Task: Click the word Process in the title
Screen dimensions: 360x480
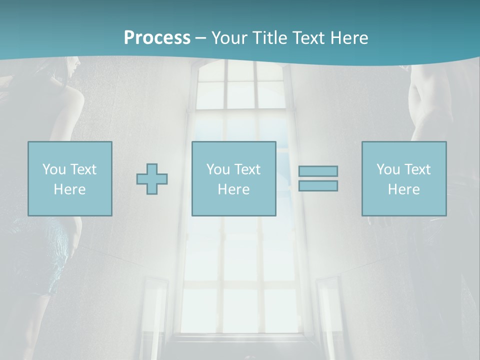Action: point(157,37)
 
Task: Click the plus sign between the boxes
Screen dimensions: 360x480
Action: point(152,179)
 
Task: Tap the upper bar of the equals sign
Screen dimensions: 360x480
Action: point(318,171)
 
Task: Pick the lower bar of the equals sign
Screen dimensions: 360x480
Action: point(318,185)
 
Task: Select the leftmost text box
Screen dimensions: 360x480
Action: point(70,178)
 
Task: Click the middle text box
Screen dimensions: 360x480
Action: point(233,178)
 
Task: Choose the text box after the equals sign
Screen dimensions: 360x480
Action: point(404,178)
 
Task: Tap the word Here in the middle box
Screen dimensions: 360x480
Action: point(233,189)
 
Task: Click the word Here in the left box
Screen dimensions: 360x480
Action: point(70,189)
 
